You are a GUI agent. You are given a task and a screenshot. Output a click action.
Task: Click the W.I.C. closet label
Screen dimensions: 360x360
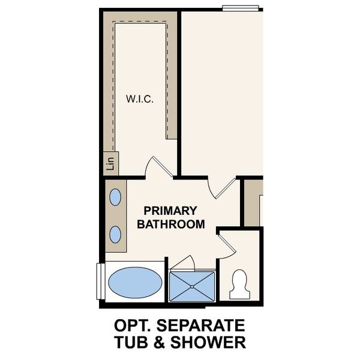click(x=139, y=99)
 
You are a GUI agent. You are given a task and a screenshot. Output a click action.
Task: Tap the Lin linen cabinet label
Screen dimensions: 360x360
click(x=110, y=163)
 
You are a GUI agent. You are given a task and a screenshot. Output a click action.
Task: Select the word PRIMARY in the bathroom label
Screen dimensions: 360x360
click(x=170, y=211)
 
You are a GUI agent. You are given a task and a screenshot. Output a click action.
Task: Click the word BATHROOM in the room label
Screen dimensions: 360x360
click(x=171, y=225)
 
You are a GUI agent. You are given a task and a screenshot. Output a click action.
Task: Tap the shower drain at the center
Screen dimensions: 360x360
click(x=192, y=286)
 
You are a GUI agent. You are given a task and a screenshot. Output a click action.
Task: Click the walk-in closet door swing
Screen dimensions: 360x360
click(x=158, y=166)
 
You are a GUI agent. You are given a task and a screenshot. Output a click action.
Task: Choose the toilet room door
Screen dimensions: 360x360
click(x=226, y=243)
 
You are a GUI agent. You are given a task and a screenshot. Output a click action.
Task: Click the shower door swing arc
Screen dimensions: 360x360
click(x=185, y=263)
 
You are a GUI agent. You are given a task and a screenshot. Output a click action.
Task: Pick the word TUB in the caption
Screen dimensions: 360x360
click(x=130, y=343)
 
